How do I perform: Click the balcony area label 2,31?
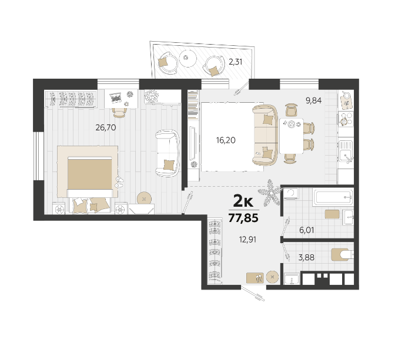coord(235,62)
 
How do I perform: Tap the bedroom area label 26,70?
coord(106,127)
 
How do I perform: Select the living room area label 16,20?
coord(226,140)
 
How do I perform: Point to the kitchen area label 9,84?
coord(313,100)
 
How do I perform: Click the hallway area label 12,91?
coord(247,240)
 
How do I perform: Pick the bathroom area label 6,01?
coord(307,230)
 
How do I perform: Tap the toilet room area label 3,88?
coord(306,258)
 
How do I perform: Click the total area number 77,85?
coord(243,218)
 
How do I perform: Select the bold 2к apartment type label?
coord(243,201)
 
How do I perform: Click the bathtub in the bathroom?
coord(333,197)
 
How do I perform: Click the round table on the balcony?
coord(188,58)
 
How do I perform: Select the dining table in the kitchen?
coord(292,136)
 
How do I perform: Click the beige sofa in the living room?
coord(265,135)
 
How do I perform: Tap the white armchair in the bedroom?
coord(168,153)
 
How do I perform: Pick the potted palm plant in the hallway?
coord(270,193)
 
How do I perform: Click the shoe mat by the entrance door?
coord(255,278)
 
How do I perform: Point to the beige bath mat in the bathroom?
coord(332,214)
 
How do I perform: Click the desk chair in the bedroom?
coord(119,113)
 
